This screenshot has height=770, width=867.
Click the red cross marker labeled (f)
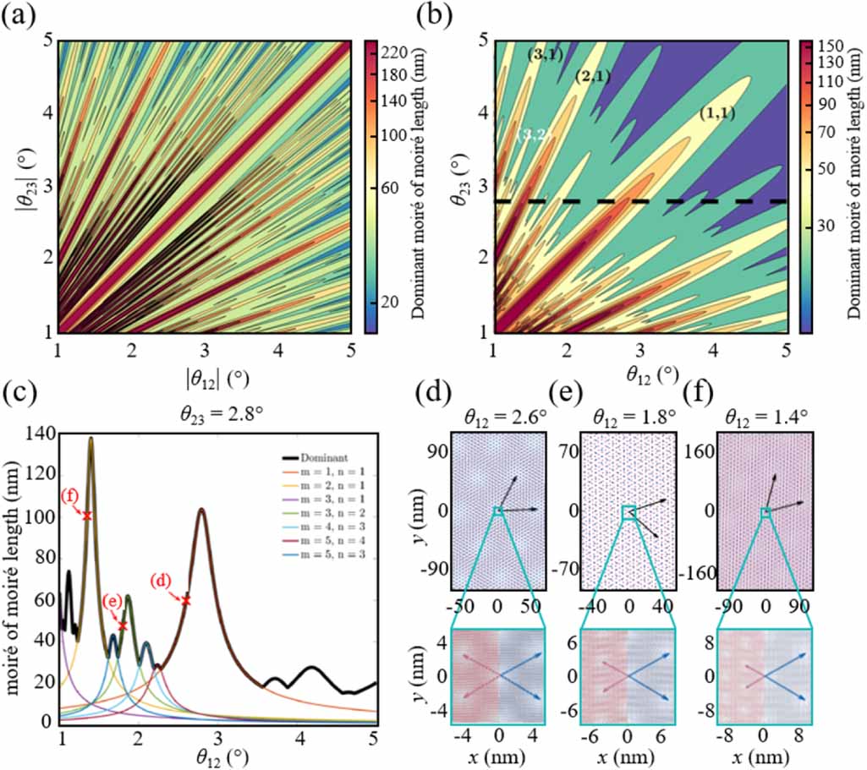[86, 515]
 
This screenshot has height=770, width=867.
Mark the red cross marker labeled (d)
[186, 600]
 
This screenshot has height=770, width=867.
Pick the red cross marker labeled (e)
[123, 625]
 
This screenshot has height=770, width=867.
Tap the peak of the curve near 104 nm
[201, 509]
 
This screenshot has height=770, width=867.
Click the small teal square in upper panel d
[499, 511]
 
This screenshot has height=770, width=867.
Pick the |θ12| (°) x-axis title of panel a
[206, 373]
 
